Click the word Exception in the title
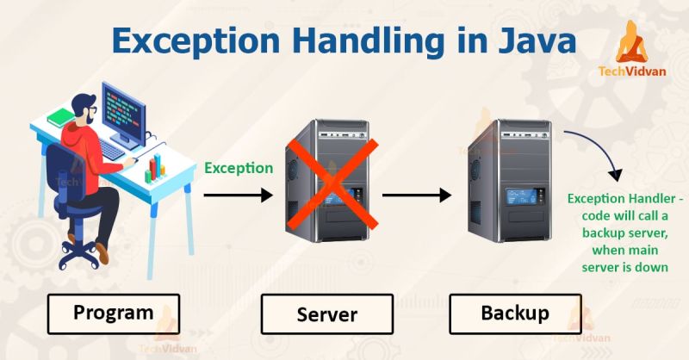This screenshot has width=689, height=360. pyautogui.click(x=190, y=41)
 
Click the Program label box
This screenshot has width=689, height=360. pyautogui.click(x=113, y=313)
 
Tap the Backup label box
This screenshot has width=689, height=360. pyautogui.click(x=514, y=314)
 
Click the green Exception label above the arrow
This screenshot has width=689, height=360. pyautogui.click(x=239, y=169)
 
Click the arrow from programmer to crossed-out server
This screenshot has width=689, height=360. pyautogui.click(x=238, y=196)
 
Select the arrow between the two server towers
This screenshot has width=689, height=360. pyautogui.click(x=417, y=196)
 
